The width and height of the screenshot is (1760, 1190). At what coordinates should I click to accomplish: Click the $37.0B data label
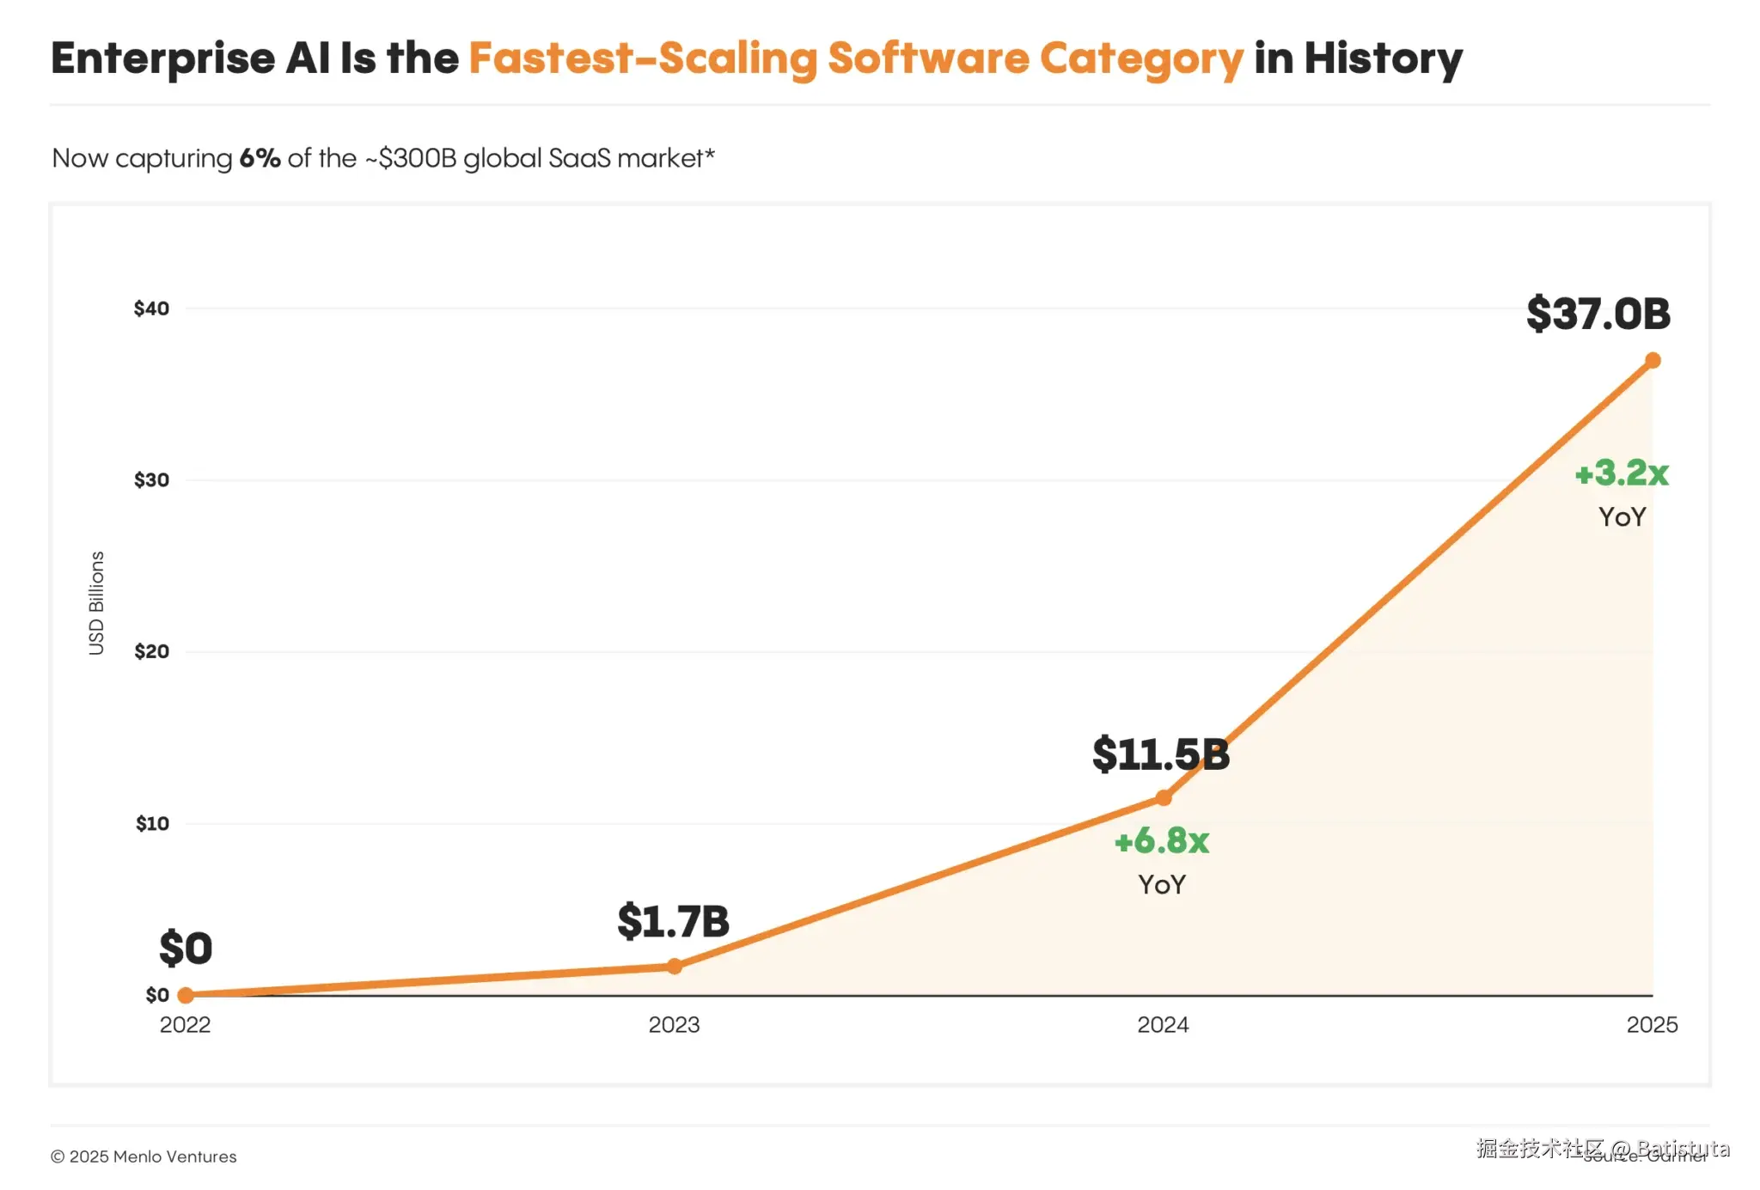tap(1598, 314)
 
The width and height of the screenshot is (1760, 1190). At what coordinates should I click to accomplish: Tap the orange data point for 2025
tap(1652, 360)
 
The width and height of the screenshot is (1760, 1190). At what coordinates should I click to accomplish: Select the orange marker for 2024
tap(1163, 798)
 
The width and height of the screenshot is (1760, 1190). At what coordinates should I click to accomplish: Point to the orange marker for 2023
tap(675, 967)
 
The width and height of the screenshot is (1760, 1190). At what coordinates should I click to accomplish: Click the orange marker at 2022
tap(186, 995)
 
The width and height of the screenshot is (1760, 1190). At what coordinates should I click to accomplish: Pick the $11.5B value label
tap(1160, 754)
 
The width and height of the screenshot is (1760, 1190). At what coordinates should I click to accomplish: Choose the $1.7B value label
tap(673, 921)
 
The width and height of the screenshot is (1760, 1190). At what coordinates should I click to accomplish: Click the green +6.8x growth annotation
tap(1161, 841)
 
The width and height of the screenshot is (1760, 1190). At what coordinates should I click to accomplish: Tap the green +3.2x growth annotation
tap(1621, 473)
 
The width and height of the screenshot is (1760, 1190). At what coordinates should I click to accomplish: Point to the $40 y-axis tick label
tap(151, 308)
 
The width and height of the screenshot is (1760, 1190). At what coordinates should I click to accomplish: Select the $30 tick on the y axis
tap(151, 480)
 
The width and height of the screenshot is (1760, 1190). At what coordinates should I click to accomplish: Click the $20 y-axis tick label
tap(151, 651)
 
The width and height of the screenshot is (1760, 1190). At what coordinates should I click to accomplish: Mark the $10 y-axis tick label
tap(152, 824)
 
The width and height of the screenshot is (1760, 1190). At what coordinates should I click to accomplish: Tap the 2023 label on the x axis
tap(674, 1025)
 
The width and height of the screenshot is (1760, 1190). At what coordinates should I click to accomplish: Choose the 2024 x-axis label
tap(1163, 1025)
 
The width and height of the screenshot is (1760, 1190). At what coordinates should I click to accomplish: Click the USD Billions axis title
tap(96, 603)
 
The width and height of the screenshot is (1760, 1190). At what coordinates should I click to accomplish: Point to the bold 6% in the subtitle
tap(260, 158)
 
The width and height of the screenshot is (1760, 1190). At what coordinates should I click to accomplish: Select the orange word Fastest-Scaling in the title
tap(643, 59)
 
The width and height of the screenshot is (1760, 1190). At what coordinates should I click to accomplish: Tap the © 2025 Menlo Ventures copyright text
tap(144, 1156)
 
